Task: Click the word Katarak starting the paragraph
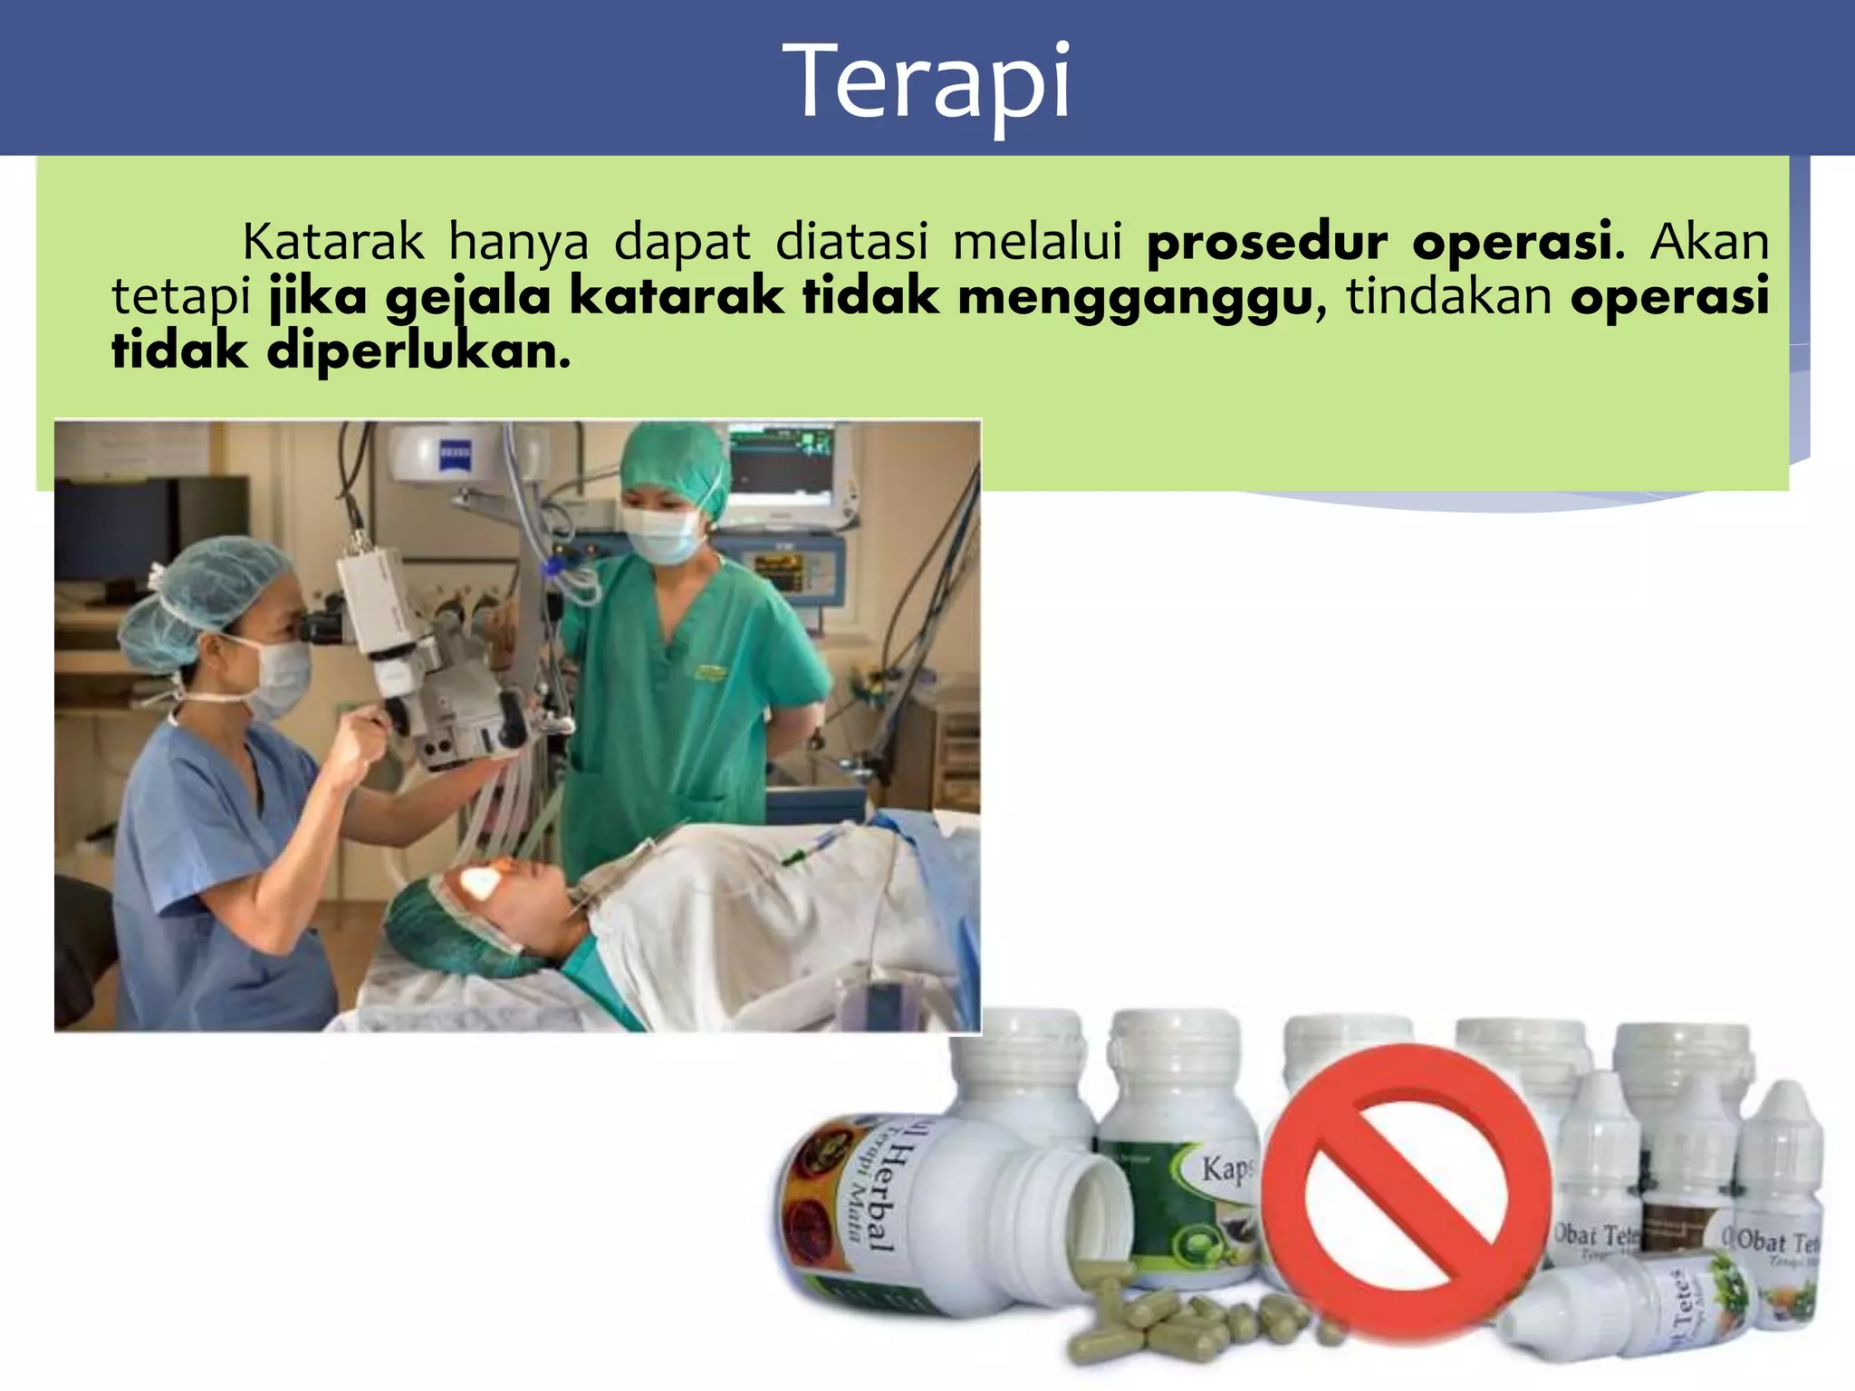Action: click(x=333, y=242)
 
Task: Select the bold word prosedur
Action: click(x=1266, y=243)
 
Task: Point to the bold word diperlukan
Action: click(x=418, y=351)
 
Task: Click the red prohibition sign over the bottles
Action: click(x=1405, y=1187)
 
